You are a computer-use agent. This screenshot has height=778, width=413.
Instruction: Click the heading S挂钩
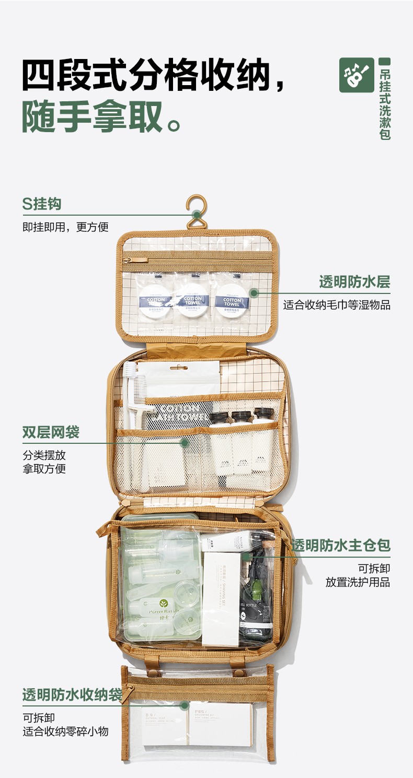click(42, 204)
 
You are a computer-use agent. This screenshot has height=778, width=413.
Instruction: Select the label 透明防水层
click(354, 282)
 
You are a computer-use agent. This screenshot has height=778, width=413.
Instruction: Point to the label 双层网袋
click(51, 432)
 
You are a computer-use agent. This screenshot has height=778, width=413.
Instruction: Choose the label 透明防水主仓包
click(341, 546)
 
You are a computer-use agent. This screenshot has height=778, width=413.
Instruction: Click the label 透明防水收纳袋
click(72, 695)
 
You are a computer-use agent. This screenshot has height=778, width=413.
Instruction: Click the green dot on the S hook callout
click(197, 214)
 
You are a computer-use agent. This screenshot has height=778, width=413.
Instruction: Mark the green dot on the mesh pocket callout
click(184, 443)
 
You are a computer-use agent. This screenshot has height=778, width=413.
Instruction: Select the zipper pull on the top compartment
click(127, 260)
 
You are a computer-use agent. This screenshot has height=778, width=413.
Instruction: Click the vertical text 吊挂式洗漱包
click(385, 102)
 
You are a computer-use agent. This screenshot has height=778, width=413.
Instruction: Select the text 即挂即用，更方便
click(65, 227)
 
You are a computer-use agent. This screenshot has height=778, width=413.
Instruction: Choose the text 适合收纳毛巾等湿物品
click(337, 305)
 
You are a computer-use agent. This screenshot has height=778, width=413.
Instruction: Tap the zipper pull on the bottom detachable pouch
click(128, 692)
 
